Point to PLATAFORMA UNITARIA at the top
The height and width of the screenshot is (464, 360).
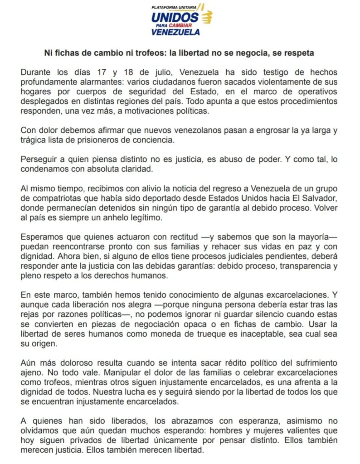coord(175,8)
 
